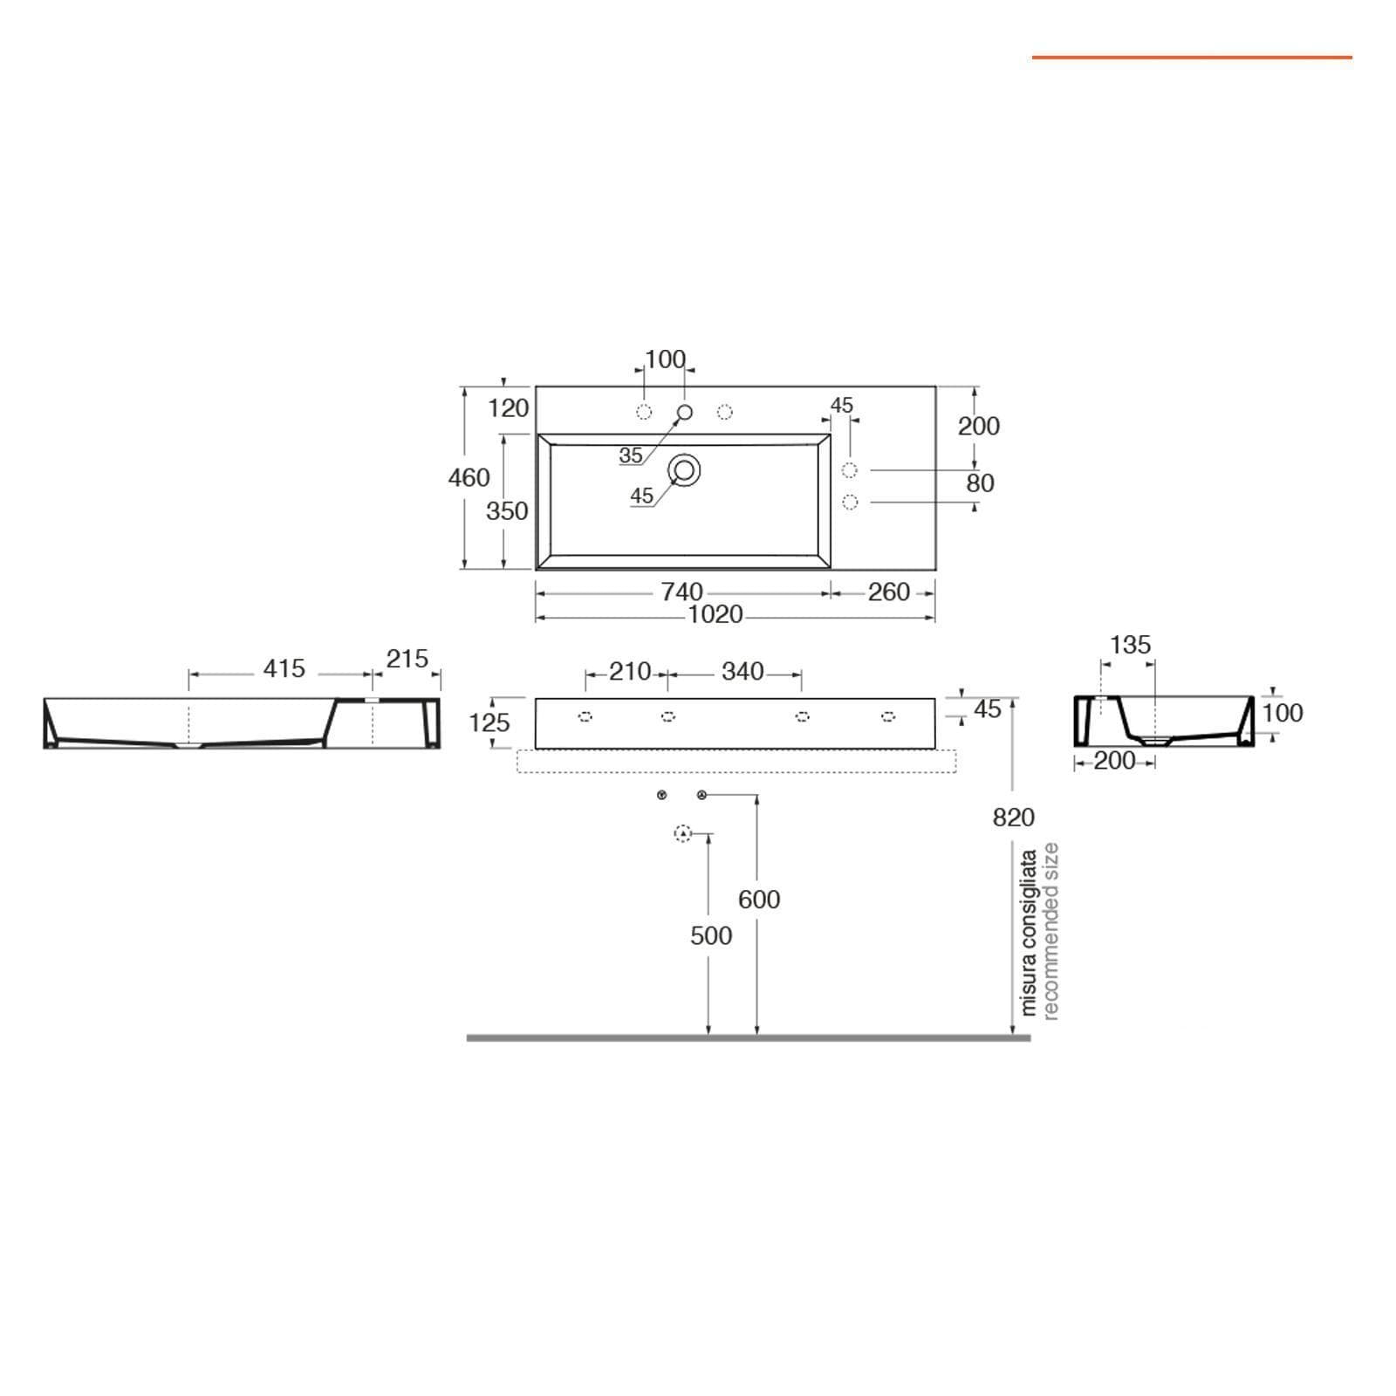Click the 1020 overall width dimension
click(x=715, y=615)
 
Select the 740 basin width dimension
click(x=681, y=592)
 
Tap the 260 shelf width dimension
click(x=889, y=592)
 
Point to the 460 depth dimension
click(x=469, y=478)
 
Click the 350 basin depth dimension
click(x=507, y=510)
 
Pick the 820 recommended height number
click(x=1014, y=818)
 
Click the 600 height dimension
click(x=759, y=900)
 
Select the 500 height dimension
click(x=711, y=936)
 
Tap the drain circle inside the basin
click(x=685, y=470)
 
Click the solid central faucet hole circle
click(x=685, y=412)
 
